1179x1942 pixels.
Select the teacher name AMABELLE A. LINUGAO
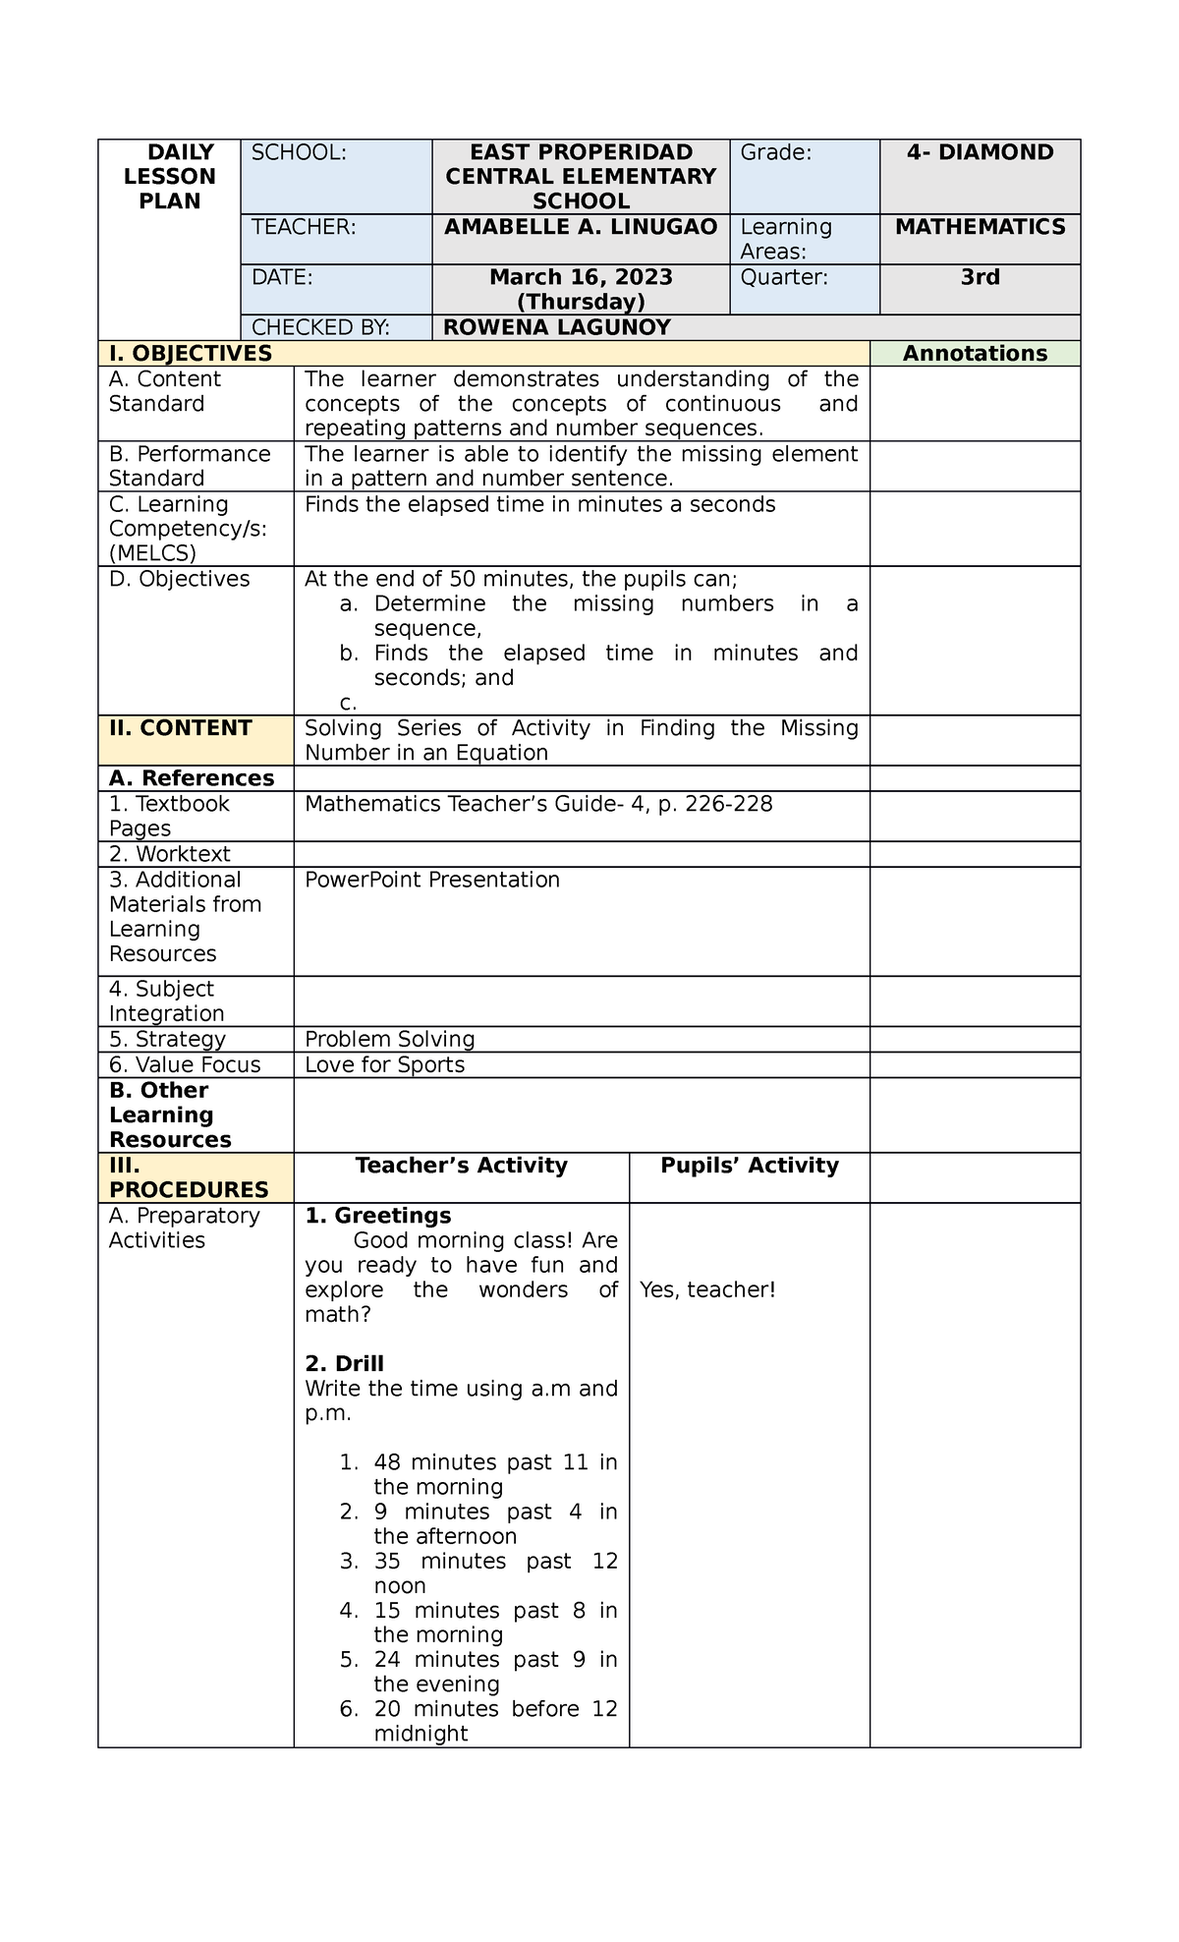click(x=581, y=227)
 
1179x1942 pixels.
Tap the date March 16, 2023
click(x=581, y=277)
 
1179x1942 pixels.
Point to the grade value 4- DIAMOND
click(x=980, y=152)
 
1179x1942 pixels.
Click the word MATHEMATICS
click(x=980, y=227)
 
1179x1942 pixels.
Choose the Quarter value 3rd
click(x=980, y=277)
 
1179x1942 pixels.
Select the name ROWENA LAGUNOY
click(x=557, y=327)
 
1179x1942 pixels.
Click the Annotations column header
click(x=975, y=354)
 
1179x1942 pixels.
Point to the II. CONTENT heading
click(x=181, y=728)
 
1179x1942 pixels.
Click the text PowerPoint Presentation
click(x=432, y=880)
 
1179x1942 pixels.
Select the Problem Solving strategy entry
click(x=390, y=1039)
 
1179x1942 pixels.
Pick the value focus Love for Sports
click(x=384, y=1064)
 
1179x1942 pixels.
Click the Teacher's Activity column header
click(x=461, y=1166)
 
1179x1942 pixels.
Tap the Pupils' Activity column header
click(x=749, y=1166)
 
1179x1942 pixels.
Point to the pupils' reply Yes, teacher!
click(x=707, y=1289)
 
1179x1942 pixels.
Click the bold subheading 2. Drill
click(x=344, y=1363)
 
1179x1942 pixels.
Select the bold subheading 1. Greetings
click(x=378, y=1216)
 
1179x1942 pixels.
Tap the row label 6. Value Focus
click(x=185, y=1064)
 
